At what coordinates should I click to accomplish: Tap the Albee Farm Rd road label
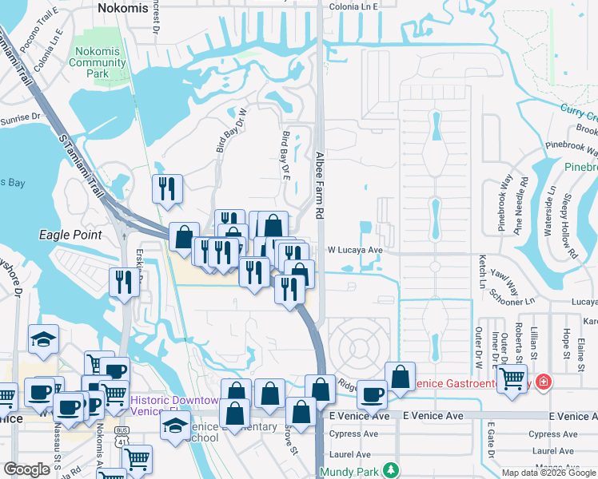(x=320, y=187)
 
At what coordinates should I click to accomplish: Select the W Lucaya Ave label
(x=356, y=250)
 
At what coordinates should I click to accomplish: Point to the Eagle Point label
(x=70, y=235)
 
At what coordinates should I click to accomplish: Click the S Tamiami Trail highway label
(x=82, y=160)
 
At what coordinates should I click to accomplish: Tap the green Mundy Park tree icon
(x=390, y=469)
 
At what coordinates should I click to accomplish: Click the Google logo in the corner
(x=26, y=469)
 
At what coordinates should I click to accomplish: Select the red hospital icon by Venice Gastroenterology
(x=544, y=382)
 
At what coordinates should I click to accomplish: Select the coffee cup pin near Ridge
(x=371, y=394)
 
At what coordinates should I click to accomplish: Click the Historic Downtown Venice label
(x=174, y=406)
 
